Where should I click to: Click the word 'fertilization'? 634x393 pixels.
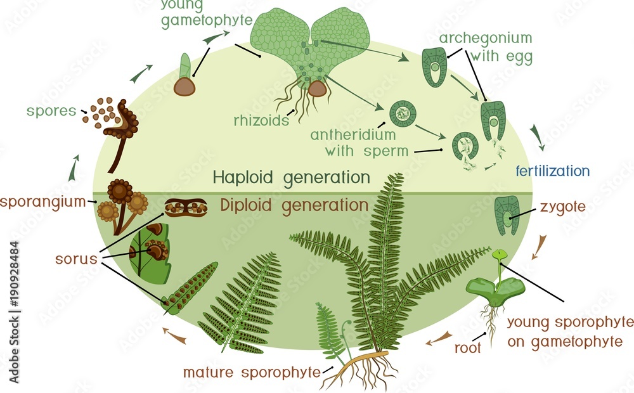coord(552,171)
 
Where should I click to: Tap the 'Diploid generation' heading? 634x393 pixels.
coord(294,205)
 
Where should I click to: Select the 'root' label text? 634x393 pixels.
coord(469,347)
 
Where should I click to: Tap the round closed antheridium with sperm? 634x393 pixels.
coord(402,114)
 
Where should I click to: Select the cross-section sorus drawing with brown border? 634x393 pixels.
coord(186,207)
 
